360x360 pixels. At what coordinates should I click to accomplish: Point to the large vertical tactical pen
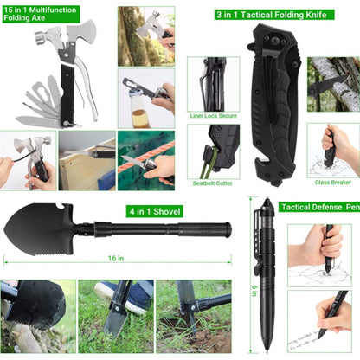pyautogui.click(x=267, y=277)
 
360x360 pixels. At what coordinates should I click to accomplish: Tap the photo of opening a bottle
pyautogui.click(x=146, y=95)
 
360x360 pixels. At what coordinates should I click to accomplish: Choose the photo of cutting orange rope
pyautogui.click(x=146, y=160)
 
